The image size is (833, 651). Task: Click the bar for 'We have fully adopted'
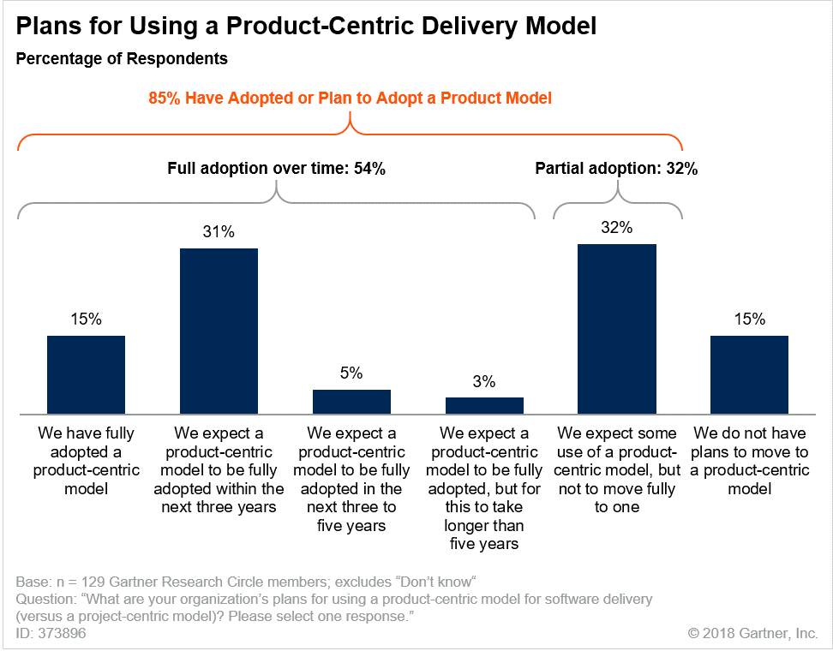pos(86,375)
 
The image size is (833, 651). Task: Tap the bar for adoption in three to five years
pos(351,402)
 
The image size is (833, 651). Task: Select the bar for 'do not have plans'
pos(750,375)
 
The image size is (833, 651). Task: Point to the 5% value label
pos(351,373)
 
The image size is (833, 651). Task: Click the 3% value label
pos(484,382)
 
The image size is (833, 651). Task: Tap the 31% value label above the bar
pos(219,232)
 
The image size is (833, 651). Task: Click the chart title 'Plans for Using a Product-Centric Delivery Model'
pos(307,27)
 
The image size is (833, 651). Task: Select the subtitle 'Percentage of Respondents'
pos(122,59)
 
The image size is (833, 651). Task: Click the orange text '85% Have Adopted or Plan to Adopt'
pos(350,99)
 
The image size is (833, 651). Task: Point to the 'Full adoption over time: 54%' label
pos(276,169)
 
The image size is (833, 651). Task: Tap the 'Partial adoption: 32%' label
pos(616,169)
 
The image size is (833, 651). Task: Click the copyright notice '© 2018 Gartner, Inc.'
pos(752,634)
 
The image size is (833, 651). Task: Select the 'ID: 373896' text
pos(51,633)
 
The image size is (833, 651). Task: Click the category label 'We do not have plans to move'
pos(750,460)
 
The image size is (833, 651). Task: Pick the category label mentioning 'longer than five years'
pos(484,488)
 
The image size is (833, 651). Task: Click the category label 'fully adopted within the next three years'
pos(219,469)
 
